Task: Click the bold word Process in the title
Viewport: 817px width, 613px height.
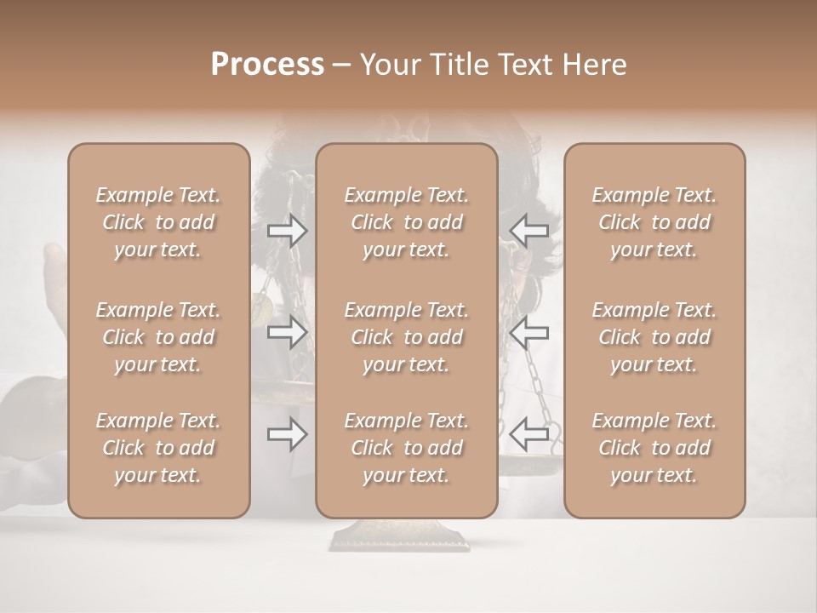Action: coord(267,65)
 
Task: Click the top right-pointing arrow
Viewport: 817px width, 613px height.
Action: coord(288,231)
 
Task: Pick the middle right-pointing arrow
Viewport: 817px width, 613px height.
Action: coord(288,332)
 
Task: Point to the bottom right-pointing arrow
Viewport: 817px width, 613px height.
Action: coord(288,434)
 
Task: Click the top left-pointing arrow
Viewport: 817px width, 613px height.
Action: coord(529,231)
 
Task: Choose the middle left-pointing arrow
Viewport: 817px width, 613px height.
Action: coord(529,332)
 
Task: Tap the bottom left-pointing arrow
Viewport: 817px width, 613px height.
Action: coord(529,434)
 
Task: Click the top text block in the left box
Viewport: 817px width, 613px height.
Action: coord(158,222)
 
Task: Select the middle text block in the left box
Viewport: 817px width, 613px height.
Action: coord(158,337)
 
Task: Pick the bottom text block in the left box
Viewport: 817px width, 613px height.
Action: coord(158,448)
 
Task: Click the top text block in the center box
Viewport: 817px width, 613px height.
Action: coord(407,222)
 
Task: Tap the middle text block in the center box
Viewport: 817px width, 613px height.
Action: coord(407,337)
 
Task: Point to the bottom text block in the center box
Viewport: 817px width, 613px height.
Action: coord(407,448)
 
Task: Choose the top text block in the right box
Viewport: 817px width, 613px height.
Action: coord(654,222)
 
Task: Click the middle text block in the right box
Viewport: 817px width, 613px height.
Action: coord(654,337)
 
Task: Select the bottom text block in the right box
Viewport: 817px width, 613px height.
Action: coord(654,448)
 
